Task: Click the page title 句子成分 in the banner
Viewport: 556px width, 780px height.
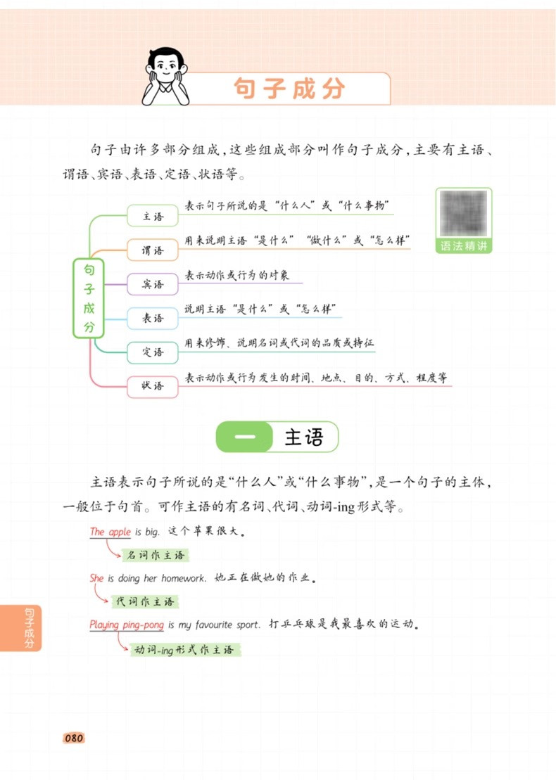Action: coord(289,89)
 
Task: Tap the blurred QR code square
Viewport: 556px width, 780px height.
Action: coord(463,214)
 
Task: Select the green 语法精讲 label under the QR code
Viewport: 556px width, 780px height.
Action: coord(463,246)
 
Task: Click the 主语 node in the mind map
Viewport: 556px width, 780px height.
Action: coord(153,217)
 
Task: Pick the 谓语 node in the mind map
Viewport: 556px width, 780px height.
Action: coord(153,250)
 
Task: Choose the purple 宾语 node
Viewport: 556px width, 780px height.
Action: coord(153,284)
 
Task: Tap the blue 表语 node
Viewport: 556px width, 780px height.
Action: coord(153,318)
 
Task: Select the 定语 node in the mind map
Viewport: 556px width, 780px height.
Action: coord(153,352)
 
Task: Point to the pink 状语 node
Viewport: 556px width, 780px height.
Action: coord(153,385)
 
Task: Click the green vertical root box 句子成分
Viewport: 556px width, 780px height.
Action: coord(89,298)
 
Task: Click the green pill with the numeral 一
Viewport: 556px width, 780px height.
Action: coord(244,437)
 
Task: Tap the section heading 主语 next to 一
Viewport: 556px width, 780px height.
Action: coord(304,437)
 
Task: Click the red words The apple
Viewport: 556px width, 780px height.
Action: coord(110,532)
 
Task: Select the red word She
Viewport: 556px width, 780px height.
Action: coord(97,578)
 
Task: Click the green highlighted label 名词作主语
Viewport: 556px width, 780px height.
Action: coord(156,556)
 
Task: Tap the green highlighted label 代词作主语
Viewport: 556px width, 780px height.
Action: coord(144,601)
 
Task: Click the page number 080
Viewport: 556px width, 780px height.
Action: coord(74,739)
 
